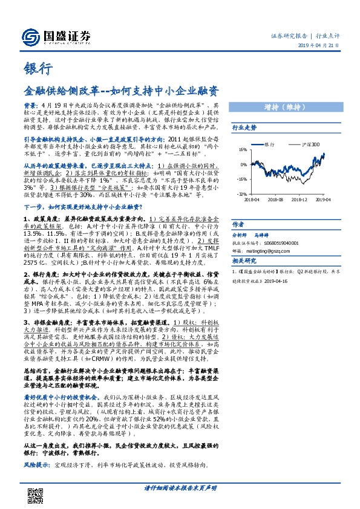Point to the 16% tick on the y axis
click(x=243, y=150)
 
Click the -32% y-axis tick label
click(x=241, y=194)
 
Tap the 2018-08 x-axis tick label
click(x=276, y=198)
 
